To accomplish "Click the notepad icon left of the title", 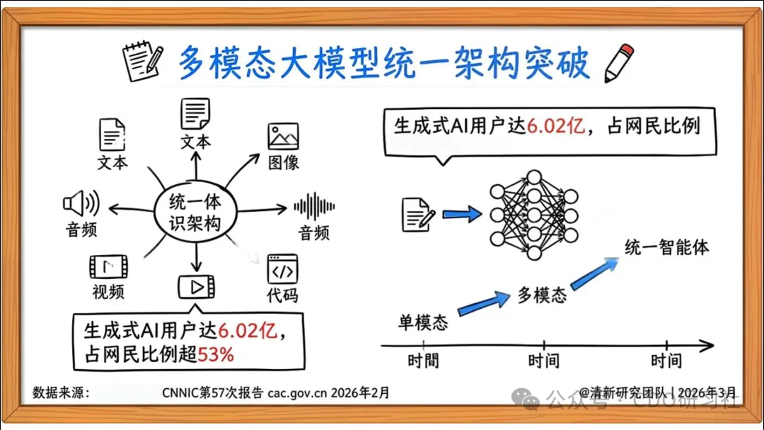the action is point(143,63).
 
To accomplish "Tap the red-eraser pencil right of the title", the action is point(618,62).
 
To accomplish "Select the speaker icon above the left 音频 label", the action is point(81,204).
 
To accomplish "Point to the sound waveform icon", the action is point(314,207).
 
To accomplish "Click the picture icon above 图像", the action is point(283,136).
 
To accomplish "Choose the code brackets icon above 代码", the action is point(282,269).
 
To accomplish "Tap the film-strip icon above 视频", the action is point(108,267).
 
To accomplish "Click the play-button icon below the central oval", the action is point(196,287).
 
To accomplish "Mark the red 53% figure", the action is point(216,354).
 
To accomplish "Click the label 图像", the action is point(283,162).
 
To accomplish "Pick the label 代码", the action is point(282,295).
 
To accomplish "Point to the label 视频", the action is point(108,291).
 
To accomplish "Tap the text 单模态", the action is point(423,323).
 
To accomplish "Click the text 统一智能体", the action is point(666,247).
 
